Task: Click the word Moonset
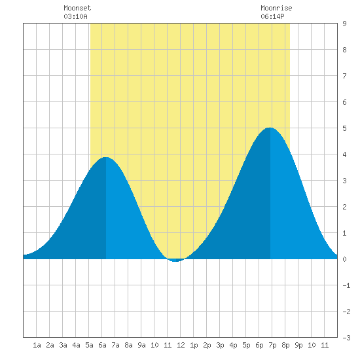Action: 77,8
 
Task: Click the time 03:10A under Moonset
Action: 75,16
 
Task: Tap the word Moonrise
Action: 276,8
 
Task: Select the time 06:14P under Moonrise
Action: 272,16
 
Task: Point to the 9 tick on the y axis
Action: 344,24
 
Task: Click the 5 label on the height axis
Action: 344,128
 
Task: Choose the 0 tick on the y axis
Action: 344,259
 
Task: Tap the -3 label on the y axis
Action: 346,338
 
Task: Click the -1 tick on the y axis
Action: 346,285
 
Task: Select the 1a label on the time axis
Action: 37,345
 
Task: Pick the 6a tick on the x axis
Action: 102,345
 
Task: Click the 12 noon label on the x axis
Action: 181,345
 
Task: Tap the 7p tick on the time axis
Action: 272,345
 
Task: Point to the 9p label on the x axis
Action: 298,345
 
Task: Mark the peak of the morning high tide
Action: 105,157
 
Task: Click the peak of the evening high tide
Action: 270,128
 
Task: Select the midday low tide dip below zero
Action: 175,261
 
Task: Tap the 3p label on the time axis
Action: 220,345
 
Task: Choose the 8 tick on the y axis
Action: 344,50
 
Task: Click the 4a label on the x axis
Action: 76,345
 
